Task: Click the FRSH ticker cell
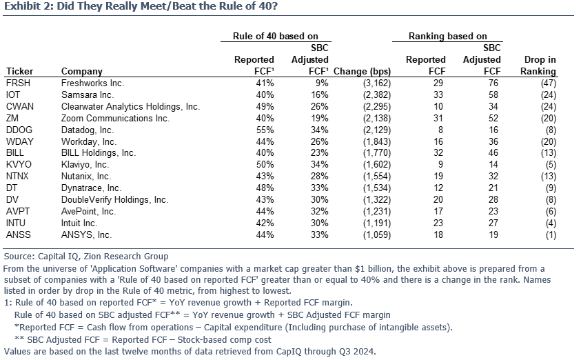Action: pos(18,83)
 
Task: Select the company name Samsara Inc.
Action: pos(88,95)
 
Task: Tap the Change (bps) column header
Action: pos(362,72)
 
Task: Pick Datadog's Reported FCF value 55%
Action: pos(265,130)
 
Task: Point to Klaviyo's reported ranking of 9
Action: pos(440,165)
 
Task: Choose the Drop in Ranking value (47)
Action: pos(549,83)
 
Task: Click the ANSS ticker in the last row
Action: pos(19,235)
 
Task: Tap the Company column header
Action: pos(82,72)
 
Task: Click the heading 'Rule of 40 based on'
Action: pos(275,37)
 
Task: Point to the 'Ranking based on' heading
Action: pos(447,37)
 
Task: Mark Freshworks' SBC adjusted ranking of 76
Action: pos(493,83)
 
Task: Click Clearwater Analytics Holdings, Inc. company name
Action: pos(130,107)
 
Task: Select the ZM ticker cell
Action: pos(12,119)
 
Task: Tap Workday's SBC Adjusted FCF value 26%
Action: pos(319,142)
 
